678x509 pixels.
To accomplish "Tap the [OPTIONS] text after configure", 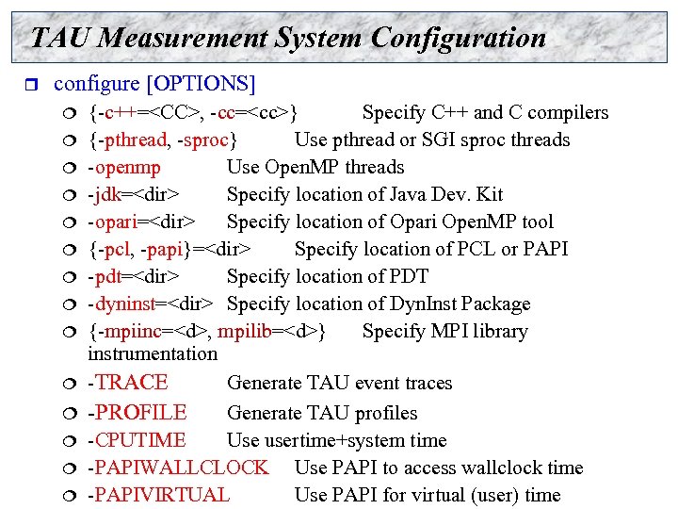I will click(201, 83).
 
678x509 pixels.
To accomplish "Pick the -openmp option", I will click(123, 168).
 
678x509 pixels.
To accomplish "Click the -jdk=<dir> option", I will click(134, 195).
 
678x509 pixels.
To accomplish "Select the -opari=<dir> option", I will click(142, 222).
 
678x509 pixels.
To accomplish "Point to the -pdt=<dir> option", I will click(134, 277).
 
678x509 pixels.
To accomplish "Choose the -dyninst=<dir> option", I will click(150, 304).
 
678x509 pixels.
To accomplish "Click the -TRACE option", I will click(127, 383).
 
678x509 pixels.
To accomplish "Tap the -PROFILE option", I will click(137, 413).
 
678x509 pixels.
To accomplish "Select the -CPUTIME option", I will click(137, 440).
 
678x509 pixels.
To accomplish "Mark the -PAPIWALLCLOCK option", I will click(177, 468).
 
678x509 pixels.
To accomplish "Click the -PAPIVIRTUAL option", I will click(158, 495).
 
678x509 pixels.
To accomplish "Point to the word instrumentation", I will click(152, 354).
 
